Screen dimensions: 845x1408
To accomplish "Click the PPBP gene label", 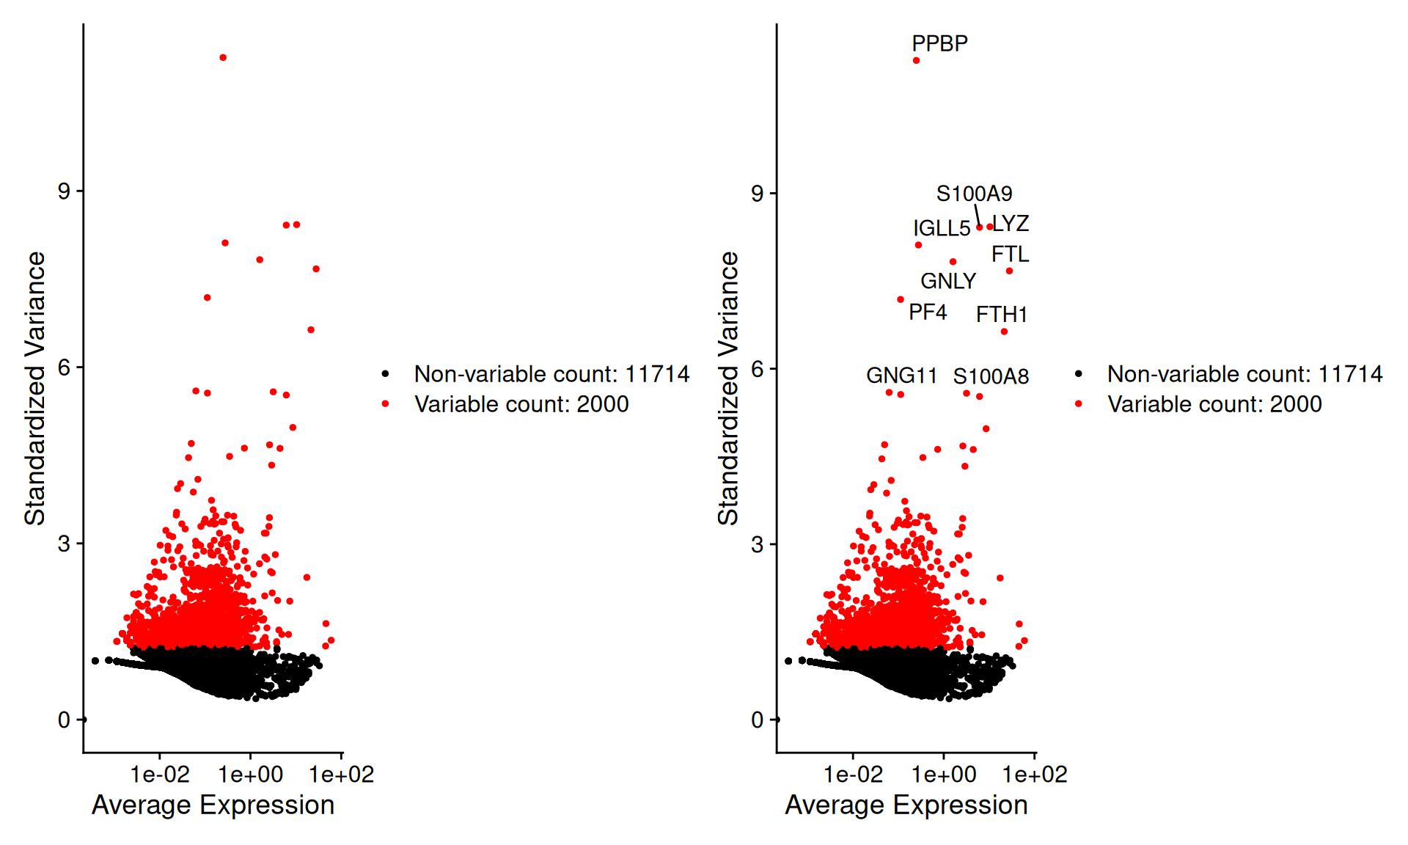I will (x=939, y=43).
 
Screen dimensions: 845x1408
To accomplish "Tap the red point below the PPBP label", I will (x=916, y=60).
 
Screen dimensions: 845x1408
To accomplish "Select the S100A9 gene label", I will (x=974, y=194).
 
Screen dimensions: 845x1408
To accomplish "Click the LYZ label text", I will (x=1011, y=223).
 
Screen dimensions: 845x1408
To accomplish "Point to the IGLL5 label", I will (x=942, y=228).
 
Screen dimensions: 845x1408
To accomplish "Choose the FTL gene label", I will (x=1010, y=254).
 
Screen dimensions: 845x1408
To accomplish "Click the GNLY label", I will (x=948, y=281).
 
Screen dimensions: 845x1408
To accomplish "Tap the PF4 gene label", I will (x=928, y=312).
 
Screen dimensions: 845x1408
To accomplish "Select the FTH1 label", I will (x=1001, y=314).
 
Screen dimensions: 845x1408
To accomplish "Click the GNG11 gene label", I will (x=901, y=376).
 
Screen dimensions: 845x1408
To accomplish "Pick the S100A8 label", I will (x=991, y=376).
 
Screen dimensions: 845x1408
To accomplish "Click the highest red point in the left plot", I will (x=223, y=57).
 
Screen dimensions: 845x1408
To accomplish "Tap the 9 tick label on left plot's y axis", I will (x=65, y=191).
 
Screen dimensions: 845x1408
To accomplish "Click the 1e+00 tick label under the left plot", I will (x=251, y=775).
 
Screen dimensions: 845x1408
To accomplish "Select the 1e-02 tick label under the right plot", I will (x=853, y=775).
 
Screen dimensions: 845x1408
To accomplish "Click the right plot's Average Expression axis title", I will (x=906, y=805).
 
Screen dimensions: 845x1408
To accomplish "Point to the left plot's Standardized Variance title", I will (x=34, y=388).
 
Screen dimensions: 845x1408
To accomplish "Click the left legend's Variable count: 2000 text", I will (x=521, y=404).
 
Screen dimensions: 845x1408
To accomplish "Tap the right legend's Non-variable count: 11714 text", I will (x=1244, y=374).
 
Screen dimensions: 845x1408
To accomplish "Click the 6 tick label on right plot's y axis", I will (x=758, y=368).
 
